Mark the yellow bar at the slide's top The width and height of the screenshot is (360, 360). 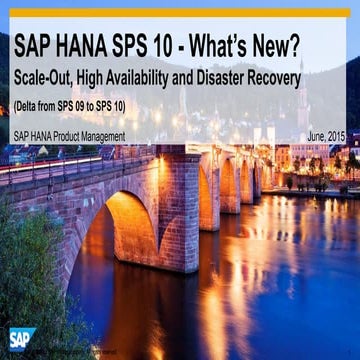tap(180, 13)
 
